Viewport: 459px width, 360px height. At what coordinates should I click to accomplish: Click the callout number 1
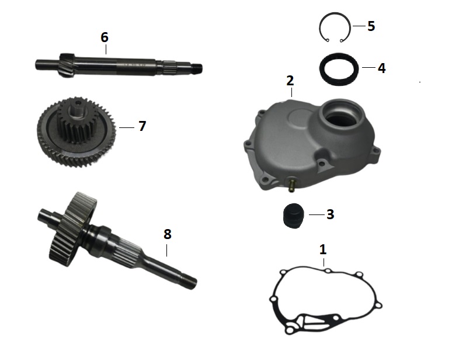tap(322, 250)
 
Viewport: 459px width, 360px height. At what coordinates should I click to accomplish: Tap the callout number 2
tap(290, 81)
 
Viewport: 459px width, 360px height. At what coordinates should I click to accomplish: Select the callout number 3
tap(330, 214)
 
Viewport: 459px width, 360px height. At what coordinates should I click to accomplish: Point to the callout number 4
tap(382, 68)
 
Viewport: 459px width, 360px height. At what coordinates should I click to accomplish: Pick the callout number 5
tap(371, 26)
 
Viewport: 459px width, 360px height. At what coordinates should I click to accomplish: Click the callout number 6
tap(105, 37)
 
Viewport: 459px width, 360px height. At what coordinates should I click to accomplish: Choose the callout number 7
tap(142, 126)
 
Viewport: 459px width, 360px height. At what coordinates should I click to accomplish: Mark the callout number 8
tap(167, 234)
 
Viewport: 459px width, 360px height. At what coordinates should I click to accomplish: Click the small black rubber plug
tap(294, 216)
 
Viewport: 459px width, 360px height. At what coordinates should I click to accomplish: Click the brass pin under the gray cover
tap(291, 186)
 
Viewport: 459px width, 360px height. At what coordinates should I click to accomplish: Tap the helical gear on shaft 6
tap(68, 65)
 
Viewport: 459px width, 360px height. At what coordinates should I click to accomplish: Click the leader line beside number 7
tap(127, 127)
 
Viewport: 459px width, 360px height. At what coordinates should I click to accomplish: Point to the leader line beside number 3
tap(317, 214)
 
